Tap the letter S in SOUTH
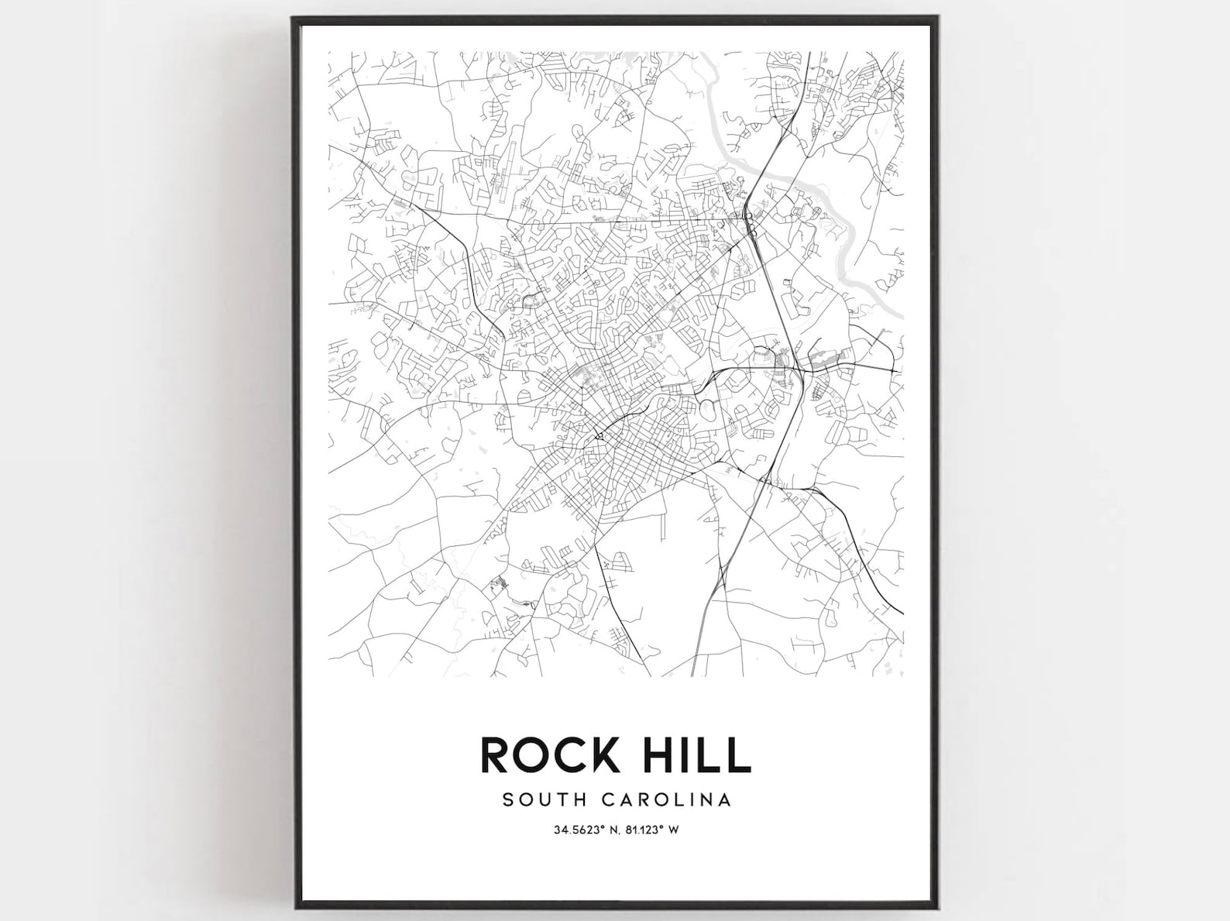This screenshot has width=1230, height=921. (x=508, y=799)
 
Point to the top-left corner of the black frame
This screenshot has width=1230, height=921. (x=294, y=18)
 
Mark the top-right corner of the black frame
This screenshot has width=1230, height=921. (x=939, y=18)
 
